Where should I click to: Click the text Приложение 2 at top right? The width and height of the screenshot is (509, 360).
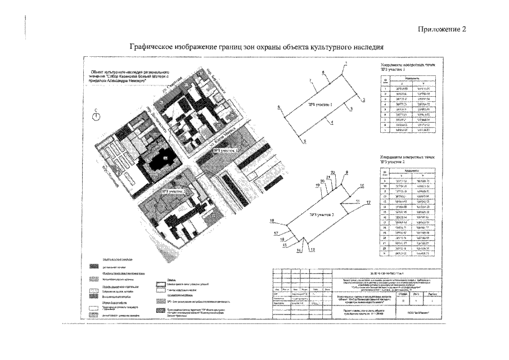coord(442,29)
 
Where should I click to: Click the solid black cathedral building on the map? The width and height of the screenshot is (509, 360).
coord(164,158)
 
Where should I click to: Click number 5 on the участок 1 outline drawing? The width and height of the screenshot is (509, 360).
coord(304,141)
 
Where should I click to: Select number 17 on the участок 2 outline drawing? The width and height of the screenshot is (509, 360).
coord(276,233)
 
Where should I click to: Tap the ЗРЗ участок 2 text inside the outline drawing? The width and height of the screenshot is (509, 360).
coord(321,214)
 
